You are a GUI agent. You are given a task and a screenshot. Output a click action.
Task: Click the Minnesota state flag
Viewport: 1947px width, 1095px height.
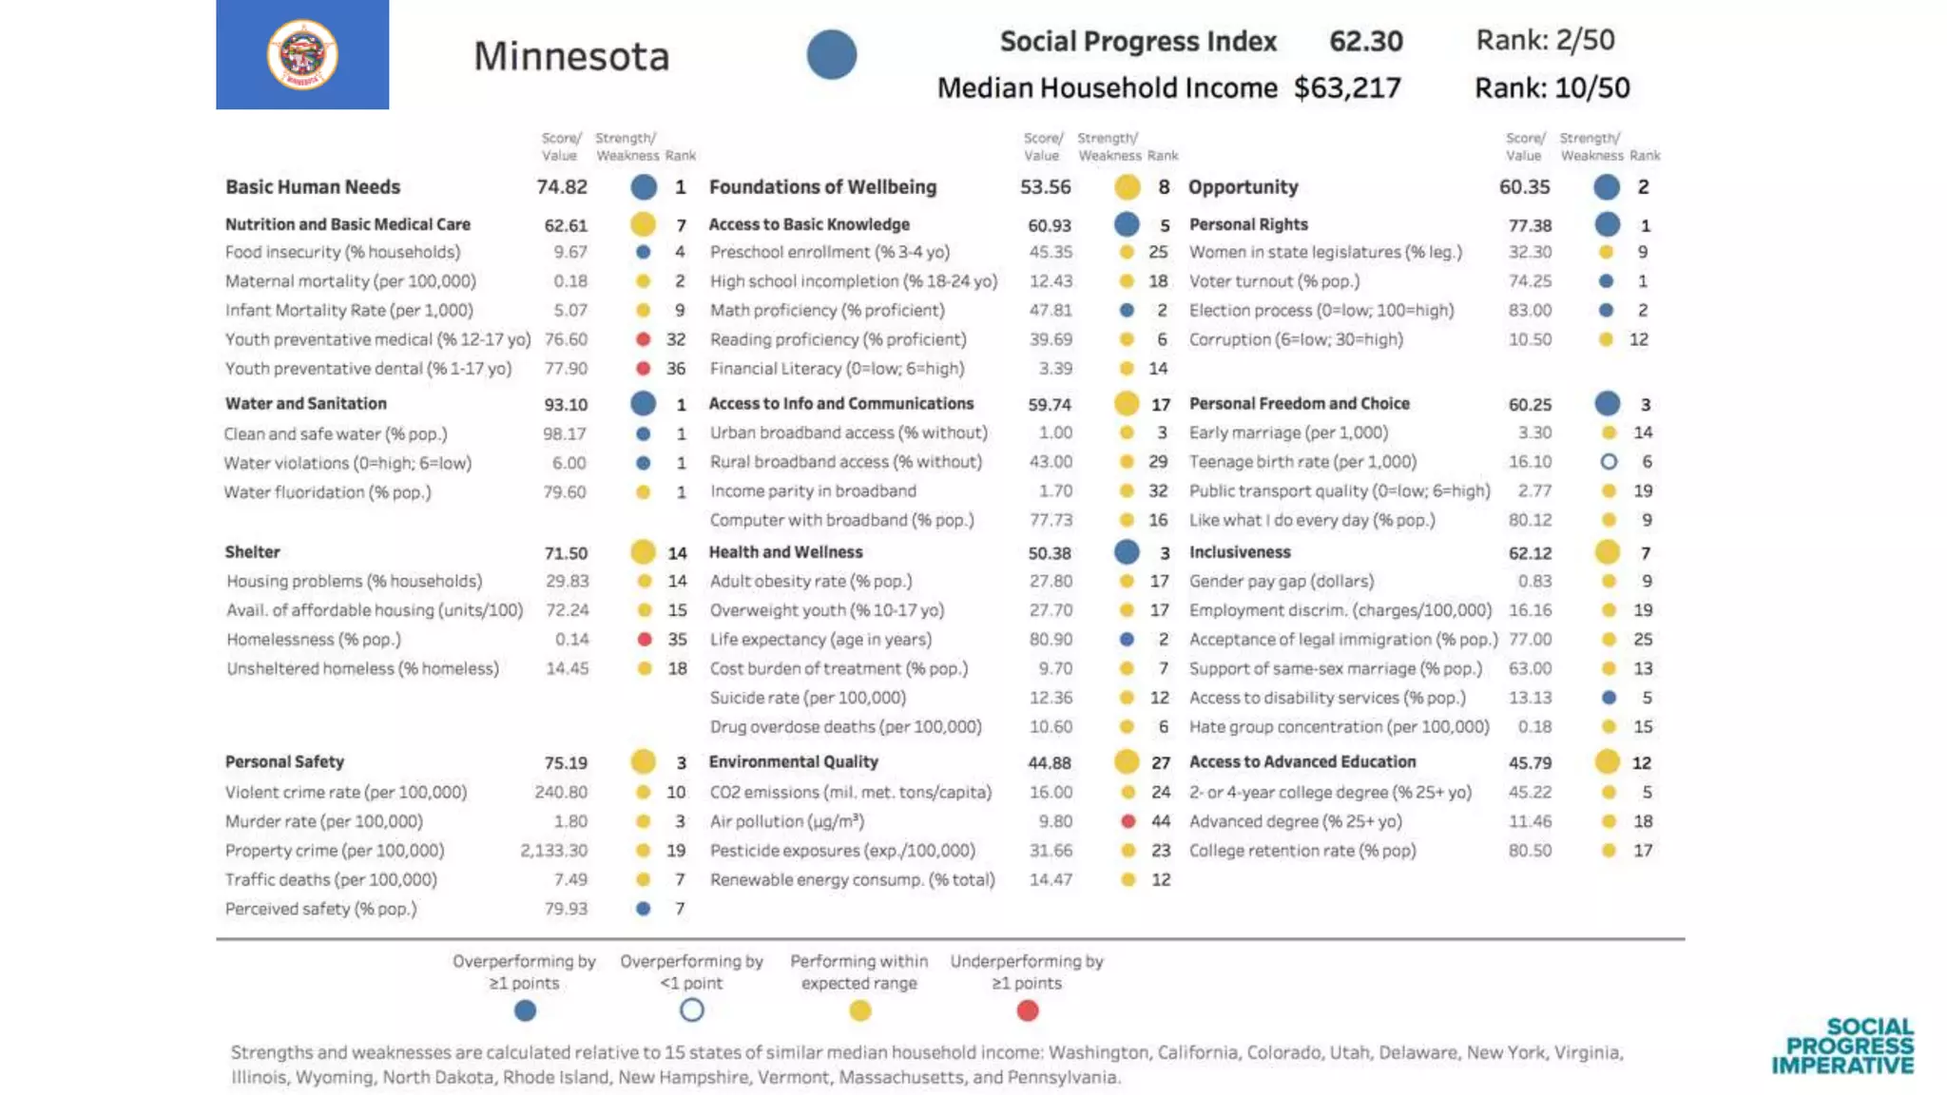click(x=302, y=54)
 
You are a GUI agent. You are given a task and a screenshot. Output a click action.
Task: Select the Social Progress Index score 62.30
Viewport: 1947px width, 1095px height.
click(x=1365, y=41)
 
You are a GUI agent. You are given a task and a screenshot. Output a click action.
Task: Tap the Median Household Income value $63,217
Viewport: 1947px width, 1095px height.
click(x=1347, y=88)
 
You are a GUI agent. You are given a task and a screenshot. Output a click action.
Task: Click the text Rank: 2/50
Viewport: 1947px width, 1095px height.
click(x=1545, y=40)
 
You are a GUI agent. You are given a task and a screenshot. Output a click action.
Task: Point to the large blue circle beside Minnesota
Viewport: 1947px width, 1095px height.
click(x=832, y=55)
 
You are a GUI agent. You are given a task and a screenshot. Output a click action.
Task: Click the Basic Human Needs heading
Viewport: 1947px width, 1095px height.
click(x=313, y=187)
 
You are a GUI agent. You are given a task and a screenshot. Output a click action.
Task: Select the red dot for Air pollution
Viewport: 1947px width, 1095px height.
click(x=1128, y=821)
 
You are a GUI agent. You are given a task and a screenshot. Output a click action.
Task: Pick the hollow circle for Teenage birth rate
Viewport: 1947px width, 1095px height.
click(x=1609, y=462)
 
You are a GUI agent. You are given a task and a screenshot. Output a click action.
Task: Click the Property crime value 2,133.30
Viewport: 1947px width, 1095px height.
click(x=553, y=851)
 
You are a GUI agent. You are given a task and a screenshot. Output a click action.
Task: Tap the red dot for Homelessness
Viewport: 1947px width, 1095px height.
click(x=645, y=640)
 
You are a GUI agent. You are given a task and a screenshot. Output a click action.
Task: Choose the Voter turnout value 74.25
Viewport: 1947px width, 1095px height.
click(x=1530, y=281)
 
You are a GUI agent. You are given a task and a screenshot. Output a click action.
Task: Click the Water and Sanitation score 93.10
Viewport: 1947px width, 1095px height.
click(x=566, y=405)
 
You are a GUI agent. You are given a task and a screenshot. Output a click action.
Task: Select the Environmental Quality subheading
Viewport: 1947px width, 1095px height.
click(x=793, y=762)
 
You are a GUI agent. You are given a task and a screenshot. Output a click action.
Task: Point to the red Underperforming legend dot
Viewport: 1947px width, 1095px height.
click(x=1027, y=1010)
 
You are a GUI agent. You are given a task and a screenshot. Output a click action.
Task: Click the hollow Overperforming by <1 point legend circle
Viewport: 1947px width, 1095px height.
click(x=692, y=1010)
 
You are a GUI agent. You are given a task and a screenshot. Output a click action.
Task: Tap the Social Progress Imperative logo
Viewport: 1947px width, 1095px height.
click(x=1842, y=1047)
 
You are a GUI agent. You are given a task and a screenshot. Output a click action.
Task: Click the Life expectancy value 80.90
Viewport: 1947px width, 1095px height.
click(x=1051, y=640)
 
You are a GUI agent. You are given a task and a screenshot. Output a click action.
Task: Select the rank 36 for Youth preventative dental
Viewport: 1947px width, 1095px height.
click(x=675, y=369)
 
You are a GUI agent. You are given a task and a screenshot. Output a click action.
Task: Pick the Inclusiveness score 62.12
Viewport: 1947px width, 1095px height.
click(x=1530, y=553)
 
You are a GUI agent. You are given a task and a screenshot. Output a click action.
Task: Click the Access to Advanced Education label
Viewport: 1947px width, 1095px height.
click(x=1302, y=762)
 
